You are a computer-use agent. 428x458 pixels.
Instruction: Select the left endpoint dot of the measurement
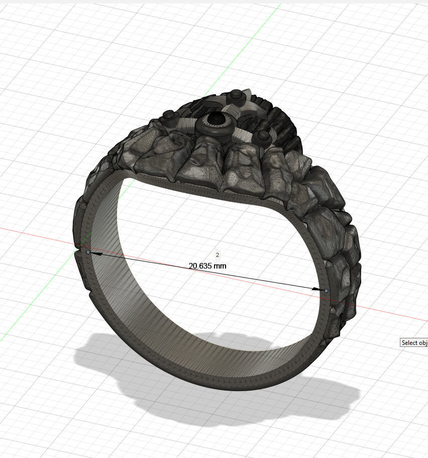(x=88, y=252)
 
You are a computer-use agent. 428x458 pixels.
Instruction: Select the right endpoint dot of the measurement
(x=327, y=291)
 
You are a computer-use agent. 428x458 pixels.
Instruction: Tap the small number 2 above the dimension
(x=217, y=255)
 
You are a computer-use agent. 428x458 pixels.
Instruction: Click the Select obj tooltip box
(x=414, y=342)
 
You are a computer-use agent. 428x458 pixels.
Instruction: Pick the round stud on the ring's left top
(x=167, y=117)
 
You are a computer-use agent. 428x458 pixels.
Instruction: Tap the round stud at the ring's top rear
(x=235, y=94)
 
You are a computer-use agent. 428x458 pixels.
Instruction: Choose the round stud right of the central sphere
(x=262, y=135)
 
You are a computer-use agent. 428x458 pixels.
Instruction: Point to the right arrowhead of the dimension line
(x=317, y=289)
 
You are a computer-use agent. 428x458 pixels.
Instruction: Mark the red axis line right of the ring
(x=392, y=314)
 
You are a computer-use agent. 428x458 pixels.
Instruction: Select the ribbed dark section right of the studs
(x=284, y=121)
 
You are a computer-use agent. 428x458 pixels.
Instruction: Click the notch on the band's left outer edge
(x=78, y=249)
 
